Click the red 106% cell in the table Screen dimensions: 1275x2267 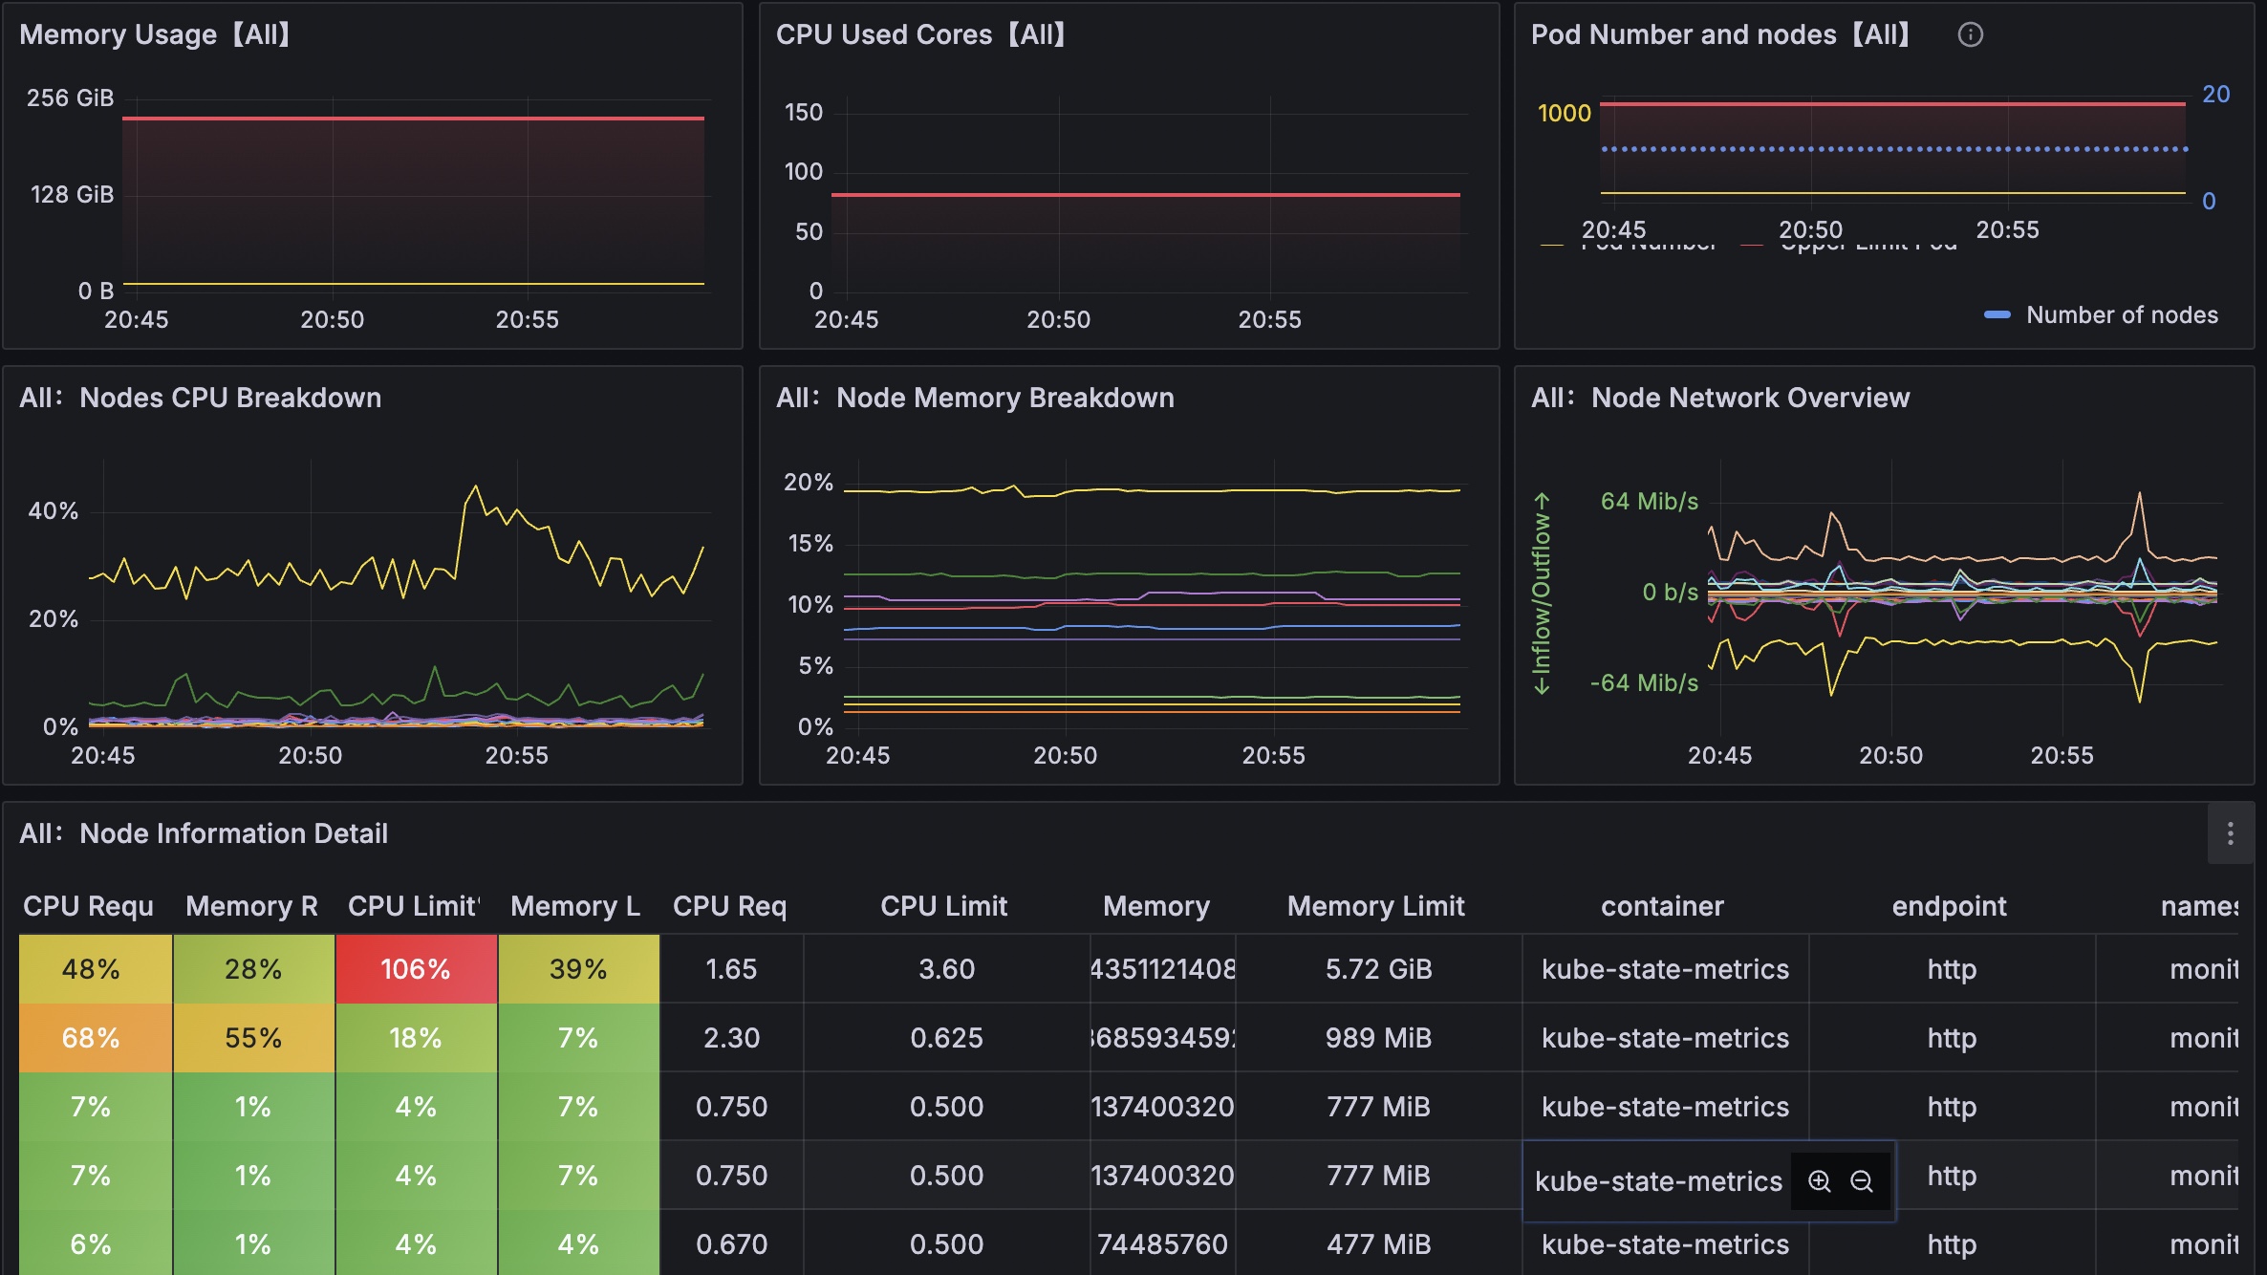(x=415, y=969)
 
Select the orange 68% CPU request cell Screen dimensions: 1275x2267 (x=91, y=1038)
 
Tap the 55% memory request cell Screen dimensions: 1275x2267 (x=253, y=1038)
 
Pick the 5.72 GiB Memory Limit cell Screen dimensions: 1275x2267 (x=1378, y=969)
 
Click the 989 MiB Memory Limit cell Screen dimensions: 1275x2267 (x=1378, y=1038)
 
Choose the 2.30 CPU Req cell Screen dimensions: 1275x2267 (x=731, y=1038)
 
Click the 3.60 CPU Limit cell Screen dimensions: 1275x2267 (x=946, y=969)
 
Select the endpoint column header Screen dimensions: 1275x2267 (x=1949, y=906)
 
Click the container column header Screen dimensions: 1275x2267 (x=1662, y=906)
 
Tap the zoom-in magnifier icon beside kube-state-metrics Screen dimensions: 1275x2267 (x=1819, y=1181)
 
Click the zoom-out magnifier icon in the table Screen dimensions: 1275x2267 (x=1861, y=1181)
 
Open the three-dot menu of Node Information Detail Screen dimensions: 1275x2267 (x=2230, y=833)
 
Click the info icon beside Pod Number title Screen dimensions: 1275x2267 (x=1970, y=34)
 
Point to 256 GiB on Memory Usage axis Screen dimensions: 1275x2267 (x=70, y=97)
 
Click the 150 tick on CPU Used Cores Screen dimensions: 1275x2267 (x=803, y=112)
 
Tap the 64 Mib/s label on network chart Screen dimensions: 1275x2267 (x=1649, y=501)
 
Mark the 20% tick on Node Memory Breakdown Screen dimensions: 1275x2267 (x=809, y=483)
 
